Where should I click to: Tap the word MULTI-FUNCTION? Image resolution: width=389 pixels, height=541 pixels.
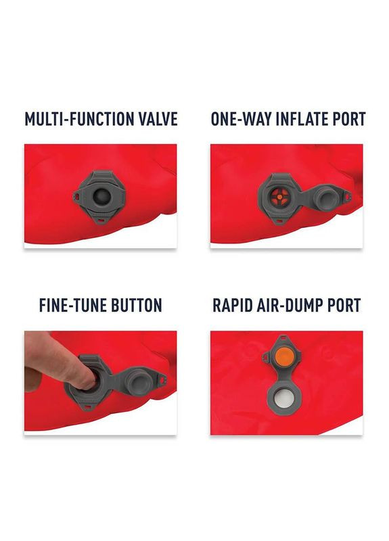(72, 120)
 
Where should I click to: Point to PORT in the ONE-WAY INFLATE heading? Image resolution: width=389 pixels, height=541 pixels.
(349, 120)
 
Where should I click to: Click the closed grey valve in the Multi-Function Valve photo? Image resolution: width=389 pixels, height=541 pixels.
(102, 195)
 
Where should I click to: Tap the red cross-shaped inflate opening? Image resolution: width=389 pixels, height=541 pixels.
(278, 197)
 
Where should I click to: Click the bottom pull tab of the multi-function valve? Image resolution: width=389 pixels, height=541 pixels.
(101, 220)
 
